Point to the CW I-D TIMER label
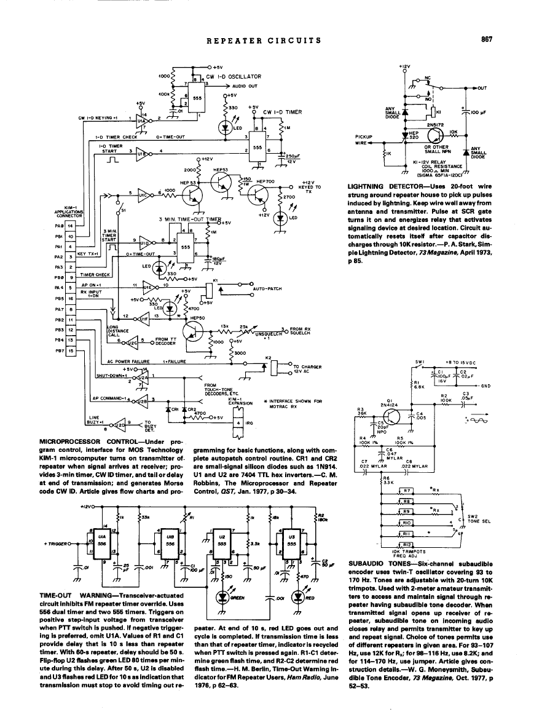(282, 112)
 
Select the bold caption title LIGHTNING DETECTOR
(379, 185)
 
